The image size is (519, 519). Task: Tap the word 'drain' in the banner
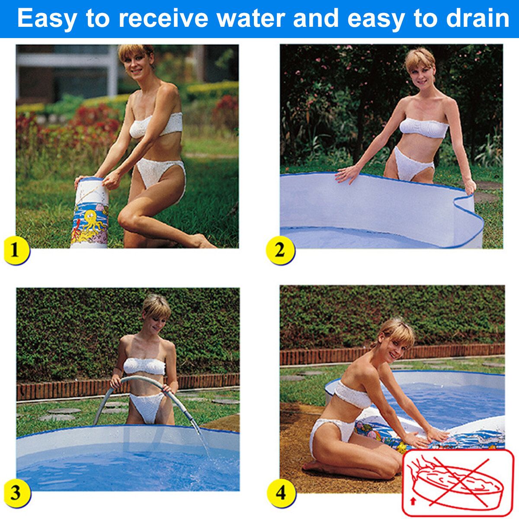point(477,18)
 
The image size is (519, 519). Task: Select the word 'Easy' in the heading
point(47,19)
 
